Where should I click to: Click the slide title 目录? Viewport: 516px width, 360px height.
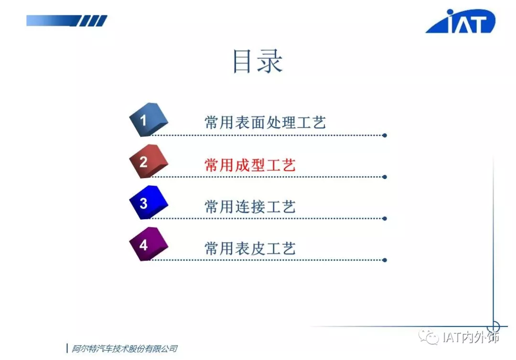tap(258, 61)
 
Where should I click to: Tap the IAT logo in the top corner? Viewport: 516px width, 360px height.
tap(461, 21)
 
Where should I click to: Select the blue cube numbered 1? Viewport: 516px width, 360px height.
tap(149, 120)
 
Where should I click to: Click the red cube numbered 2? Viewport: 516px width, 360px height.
tap(149, 161)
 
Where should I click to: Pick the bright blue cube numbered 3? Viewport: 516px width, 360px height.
tap(149, 202)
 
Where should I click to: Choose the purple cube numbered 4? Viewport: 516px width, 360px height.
tap(149, 244)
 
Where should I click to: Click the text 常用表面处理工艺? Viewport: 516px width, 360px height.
tap(265, 123)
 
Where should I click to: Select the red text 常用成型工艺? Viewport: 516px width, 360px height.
tap(250, 165)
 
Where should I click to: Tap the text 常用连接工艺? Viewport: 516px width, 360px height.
tap(250, 206)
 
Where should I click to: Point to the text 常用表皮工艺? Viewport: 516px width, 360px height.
tap(250, 248)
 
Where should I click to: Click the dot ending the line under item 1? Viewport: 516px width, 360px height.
tap(385, 136)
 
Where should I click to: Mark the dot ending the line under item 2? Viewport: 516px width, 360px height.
tap(385, 177)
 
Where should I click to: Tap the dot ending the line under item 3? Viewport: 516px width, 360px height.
tap(385, 219)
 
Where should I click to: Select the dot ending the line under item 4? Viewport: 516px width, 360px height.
tap(385, 260)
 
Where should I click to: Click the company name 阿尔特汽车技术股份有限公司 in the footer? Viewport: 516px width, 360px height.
tap(125, 349)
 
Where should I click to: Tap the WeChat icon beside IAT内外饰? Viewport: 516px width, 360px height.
tap(429, 337)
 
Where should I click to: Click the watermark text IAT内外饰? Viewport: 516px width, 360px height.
tap(471, 337)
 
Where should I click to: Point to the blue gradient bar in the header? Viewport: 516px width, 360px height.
tap(67, 21)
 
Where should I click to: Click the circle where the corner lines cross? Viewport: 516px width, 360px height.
tap(493, 327)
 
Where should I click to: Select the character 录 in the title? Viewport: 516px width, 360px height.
tap(270, 61)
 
